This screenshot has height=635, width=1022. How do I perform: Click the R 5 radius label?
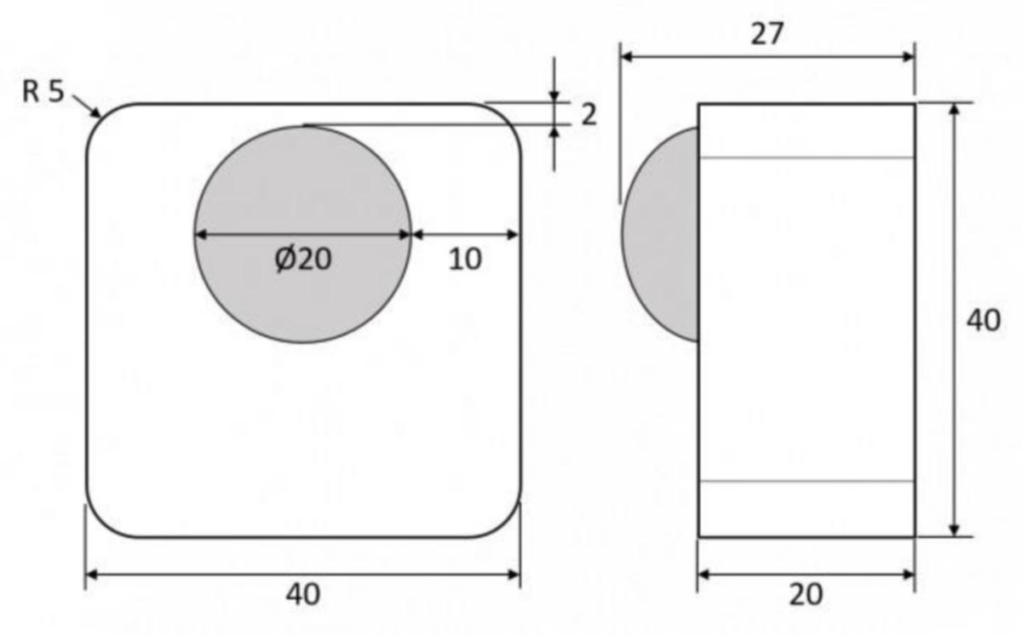point(43,92)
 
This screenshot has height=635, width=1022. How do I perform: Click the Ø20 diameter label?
point(303,260)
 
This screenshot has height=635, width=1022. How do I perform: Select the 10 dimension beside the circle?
point(465,260)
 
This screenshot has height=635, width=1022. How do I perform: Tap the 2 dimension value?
point(589,114)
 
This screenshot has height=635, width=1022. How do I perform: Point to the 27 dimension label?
point(767,34)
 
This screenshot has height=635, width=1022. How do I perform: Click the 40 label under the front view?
point(303,594)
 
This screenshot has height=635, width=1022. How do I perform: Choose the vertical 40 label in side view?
point(984,320)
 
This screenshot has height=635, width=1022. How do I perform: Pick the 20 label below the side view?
point(807,594)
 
